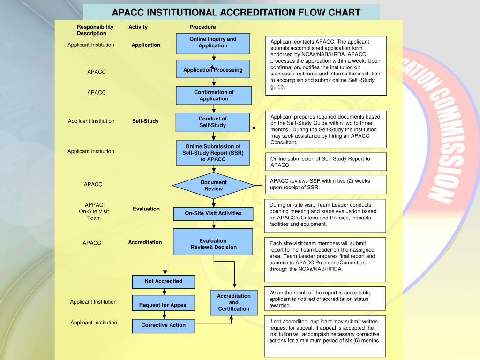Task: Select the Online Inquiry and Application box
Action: click(213, 43)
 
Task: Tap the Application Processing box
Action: click(213, 70)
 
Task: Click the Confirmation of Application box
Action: click(214, 95)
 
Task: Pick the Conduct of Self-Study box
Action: click(213, 122)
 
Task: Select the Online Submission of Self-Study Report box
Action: click(213, 153)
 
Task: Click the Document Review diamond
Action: click(213, 186)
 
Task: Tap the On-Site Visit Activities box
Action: click(213, 214)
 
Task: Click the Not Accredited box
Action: click(163, 281)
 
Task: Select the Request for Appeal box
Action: click(163, 305)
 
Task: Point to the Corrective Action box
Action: click(163, 325)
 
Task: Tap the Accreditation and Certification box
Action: click(233, 302)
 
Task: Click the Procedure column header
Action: click(202, 27)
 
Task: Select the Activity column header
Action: click(138, 27)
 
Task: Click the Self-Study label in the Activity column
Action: click(145, 121)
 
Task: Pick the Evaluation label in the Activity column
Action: click(146, 209)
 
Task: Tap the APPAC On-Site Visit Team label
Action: click(94, 211)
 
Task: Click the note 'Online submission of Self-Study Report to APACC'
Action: click(326, 162)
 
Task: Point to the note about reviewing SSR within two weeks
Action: click(326, 184)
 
